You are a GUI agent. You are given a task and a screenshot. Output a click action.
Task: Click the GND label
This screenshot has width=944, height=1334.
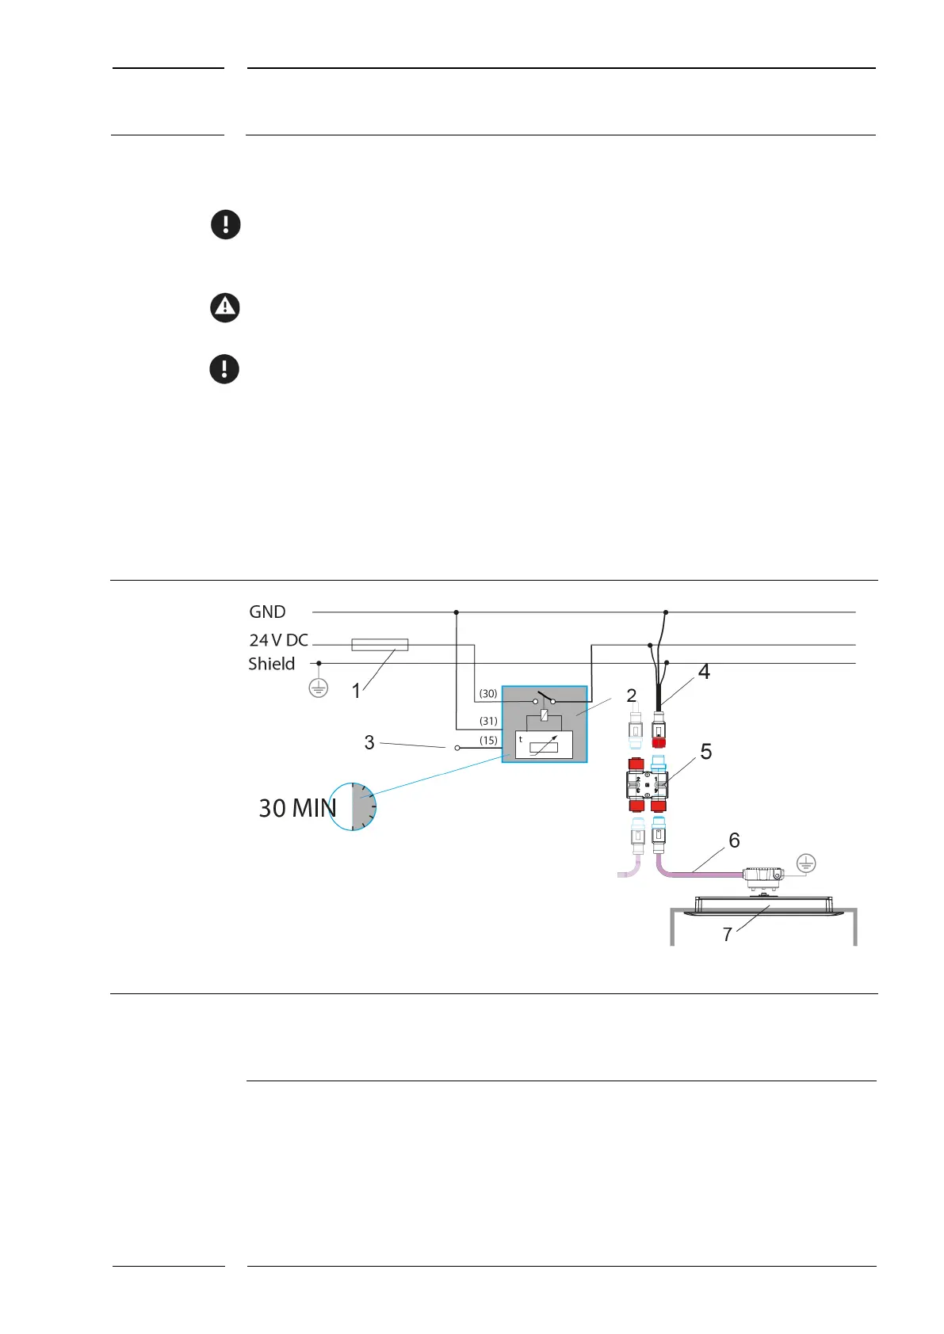tap(267, 612)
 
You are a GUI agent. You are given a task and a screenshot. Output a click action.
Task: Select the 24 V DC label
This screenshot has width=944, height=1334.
tap(278, 640)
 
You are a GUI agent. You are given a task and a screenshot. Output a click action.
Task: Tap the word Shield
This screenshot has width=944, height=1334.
tap(271, 664)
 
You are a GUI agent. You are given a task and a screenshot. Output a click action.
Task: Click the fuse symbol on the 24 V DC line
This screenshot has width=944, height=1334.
tap(380, 645)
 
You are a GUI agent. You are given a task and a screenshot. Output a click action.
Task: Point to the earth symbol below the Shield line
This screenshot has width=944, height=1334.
tap(318, 688)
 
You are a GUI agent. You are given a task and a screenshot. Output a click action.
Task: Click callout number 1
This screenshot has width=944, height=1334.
tap(357, 691)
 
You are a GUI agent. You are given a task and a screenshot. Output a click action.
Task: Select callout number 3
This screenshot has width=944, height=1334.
tap(369, 742)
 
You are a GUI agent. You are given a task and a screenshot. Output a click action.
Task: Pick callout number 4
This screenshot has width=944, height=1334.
tap(704, 672)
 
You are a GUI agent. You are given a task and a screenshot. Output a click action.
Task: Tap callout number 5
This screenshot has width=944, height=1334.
tap(706, 751)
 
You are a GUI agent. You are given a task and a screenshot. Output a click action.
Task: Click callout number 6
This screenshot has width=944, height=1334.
tap(734, 840)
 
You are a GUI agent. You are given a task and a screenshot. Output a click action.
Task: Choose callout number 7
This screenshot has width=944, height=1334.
tap(727, 935)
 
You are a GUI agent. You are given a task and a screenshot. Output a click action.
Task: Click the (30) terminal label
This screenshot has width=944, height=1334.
tap(488, 694)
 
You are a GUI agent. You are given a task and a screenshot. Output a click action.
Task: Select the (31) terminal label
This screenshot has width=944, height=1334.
tap(488, 722)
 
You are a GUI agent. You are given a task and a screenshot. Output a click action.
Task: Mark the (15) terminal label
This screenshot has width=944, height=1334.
tap(488, 741)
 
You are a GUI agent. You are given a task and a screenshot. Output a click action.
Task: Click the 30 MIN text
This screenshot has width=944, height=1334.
tap(297, 808)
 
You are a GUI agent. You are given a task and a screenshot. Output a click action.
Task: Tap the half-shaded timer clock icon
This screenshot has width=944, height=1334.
tap(353, 806)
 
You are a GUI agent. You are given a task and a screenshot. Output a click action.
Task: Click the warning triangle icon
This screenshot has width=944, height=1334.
tap(225, 307)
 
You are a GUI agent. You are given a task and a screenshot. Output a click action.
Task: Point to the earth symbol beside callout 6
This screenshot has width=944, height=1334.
tap(805, 863)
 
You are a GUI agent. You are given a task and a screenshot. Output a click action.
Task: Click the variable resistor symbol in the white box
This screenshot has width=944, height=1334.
tap(544, 746)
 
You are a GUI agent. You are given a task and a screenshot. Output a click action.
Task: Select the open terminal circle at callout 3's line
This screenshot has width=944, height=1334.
tap(457, 748)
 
